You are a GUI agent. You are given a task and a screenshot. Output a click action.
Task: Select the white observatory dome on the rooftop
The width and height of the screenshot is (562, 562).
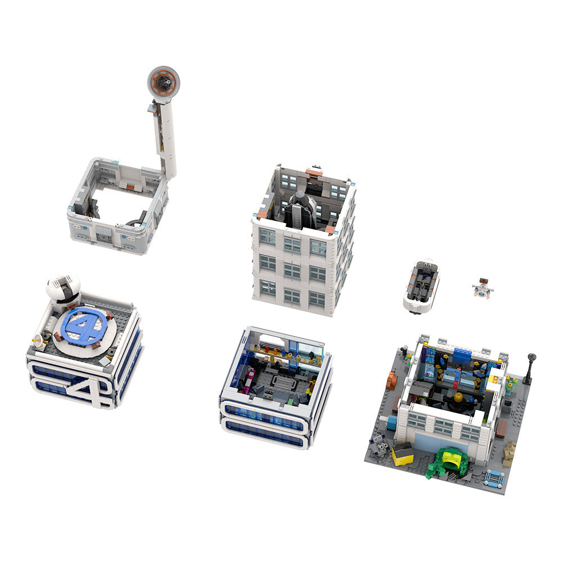(63, 287)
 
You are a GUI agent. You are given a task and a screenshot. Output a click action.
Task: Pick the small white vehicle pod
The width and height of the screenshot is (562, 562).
(421, 286)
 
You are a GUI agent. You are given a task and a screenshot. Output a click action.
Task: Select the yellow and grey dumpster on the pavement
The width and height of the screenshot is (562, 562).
(402, 453)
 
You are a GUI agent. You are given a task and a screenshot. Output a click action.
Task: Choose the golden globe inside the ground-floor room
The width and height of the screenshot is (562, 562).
(458, 397)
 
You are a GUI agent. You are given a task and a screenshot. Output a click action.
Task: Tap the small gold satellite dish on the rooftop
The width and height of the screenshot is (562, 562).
(38, 339)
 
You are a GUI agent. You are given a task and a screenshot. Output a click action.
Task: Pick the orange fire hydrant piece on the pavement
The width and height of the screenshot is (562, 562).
(392, 382)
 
